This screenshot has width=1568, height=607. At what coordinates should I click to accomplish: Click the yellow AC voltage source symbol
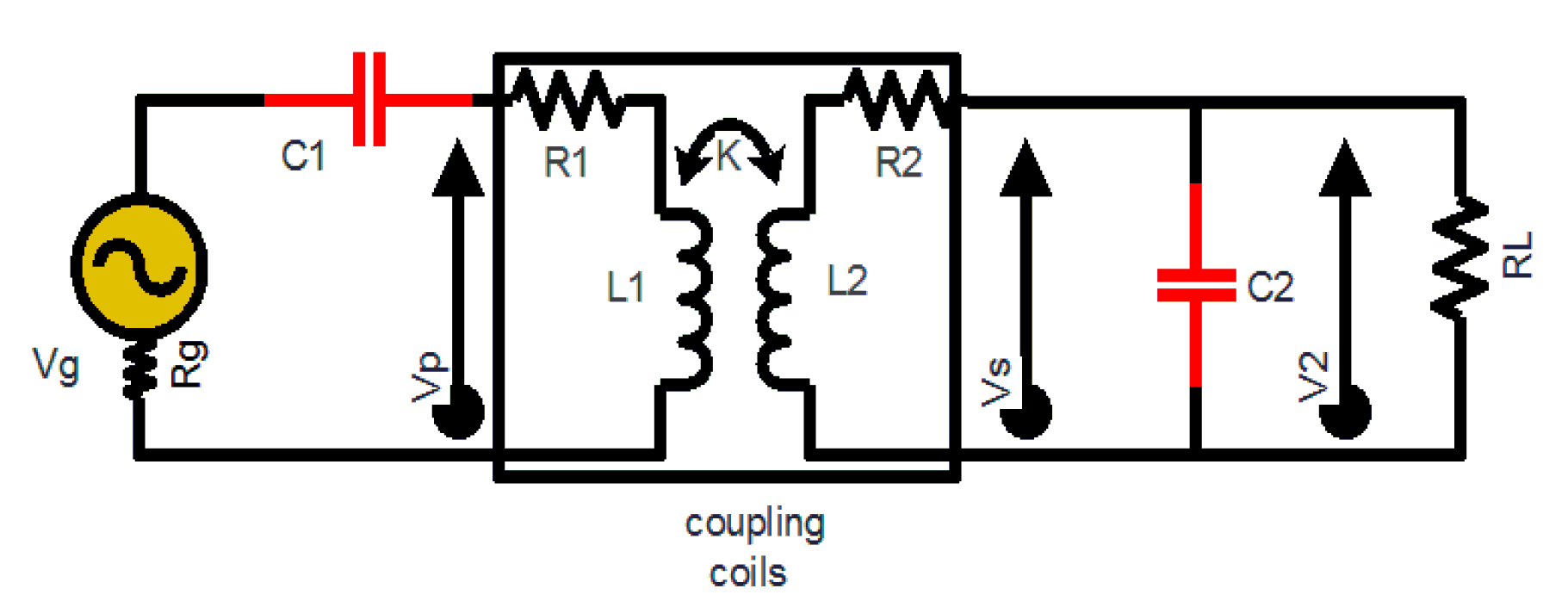(139, 266)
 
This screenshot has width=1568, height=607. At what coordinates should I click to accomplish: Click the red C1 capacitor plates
(369, 99)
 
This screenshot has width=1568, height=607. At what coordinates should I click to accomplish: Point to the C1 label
(303, 156)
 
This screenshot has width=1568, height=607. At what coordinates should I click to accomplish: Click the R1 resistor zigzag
(567, 98)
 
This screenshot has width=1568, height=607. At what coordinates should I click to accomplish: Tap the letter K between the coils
(728, 156)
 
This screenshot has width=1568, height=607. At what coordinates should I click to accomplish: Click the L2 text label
(846, 281)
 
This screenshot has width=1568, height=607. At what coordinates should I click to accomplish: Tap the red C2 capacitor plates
(1196, 286)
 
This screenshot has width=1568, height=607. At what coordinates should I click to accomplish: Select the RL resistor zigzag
(1459, 257)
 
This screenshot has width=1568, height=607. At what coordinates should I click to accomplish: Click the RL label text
(1517, 255)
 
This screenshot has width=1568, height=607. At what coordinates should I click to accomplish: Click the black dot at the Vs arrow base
(1025, 412)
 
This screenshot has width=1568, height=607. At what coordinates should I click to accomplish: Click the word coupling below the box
(754, 525)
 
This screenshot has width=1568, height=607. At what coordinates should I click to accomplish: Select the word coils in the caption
(747, 573)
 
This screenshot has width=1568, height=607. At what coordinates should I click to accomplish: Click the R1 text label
(566, 162)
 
